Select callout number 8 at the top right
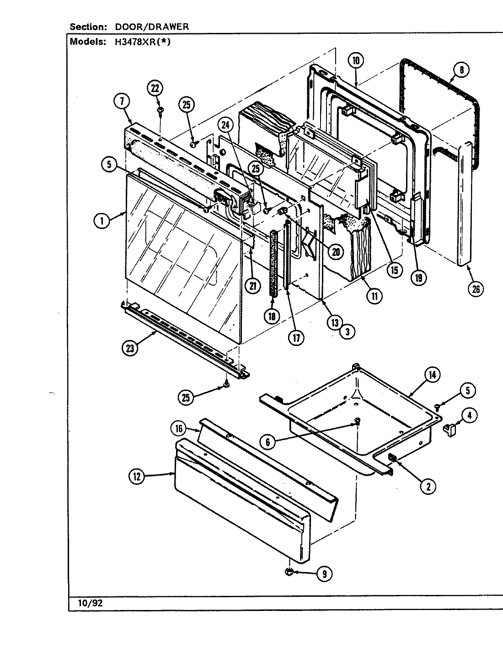[x=461, y=70]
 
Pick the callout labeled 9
[x=324, y=574]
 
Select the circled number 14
[x=432, y=375]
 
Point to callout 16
[x=179, y=428]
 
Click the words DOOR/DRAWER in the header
[x=151, y=27]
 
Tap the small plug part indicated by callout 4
[x=450, y=430]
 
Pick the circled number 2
[x=428, y=487]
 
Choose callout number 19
[x=417, y=277]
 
